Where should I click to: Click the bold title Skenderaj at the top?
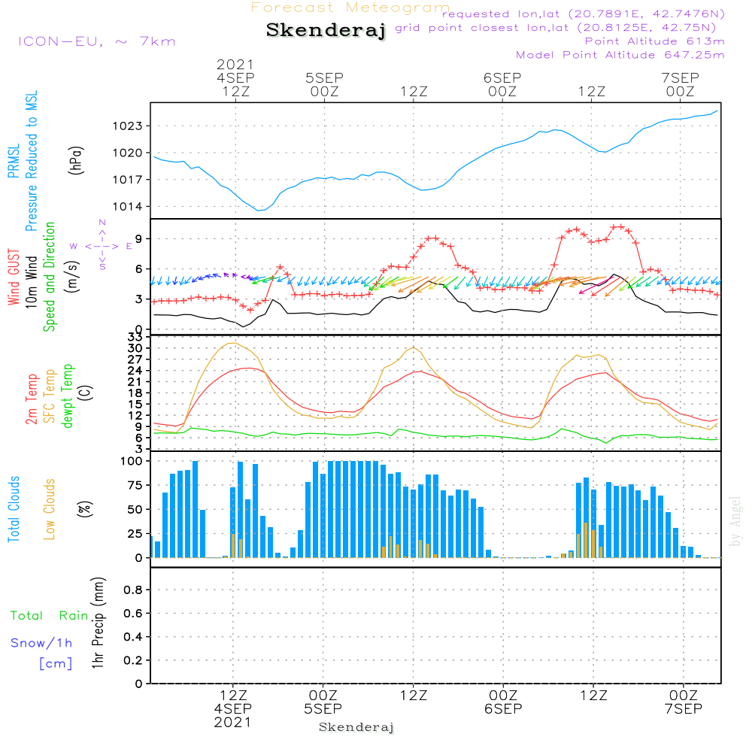tap(326, 31)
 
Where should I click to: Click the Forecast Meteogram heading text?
tap(350, 8)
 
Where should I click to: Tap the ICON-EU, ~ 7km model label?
tap(96, 41)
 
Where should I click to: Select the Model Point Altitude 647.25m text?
tap(620, 55)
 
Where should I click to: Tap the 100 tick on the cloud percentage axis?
tap(132, 461)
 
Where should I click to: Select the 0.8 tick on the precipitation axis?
tap(133, 590)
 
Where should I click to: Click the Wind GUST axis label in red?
tap(14, 278)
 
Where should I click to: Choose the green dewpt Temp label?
tap(68, 396)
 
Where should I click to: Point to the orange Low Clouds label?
tap(50, 509)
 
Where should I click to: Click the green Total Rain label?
tap(50, 616)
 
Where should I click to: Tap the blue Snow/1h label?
tap(41, 643)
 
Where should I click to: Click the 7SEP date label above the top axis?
tap(680, 78)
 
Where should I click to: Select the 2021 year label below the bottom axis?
tap(233, 722)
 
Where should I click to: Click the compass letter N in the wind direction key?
tap(102, 223)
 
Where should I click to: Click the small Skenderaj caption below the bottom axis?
tap(356, 727)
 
